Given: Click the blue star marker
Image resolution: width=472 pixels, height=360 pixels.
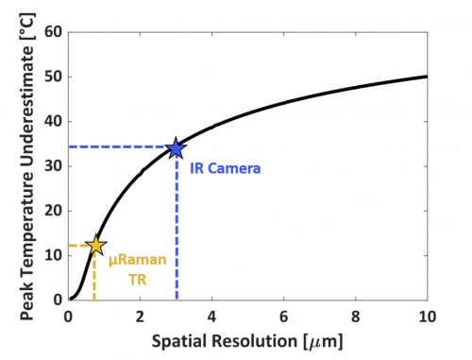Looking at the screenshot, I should [x=176, y=148].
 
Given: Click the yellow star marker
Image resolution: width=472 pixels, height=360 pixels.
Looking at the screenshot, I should [x=94, y=246].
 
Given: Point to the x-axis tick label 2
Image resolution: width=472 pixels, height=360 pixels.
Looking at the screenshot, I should [x=140, y=316].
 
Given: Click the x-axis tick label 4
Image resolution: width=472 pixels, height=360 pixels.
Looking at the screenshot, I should [x=211, y=316].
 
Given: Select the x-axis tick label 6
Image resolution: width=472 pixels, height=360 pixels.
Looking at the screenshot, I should [x=283, y=316].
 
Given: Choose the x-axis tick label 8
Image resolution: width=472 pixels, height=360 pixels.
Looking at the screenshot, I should [x=355, y=316].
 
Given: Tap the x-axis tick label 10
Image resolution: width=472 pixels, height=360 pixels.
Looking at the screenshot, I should [x=426, y=316].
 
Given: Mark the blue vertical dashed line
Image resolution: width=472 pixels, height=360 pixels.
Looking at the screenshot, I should [x=176, y=236].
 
